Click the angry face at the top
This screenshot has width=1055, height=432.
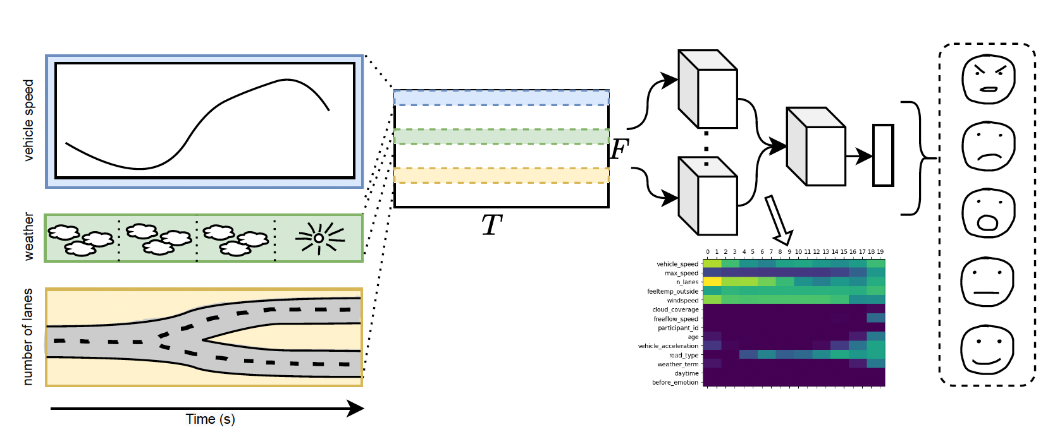988,78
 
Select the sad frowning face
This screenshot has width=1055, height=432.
988,146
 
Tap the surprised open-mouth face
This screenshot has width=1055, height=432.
988,213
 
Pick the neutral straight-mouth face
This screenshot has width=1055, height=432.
987,282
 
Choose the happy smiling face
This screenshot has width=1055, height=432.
987,351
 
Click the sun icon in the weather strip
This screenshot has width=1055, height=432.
319,238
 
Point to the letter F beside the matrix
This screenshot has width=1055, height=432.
620,150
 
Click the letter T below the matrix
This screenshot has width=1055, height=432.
491,225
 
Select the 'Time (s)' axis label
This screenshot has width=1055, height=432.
210,419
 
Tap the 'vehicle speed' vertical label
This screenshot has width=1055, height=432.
28,120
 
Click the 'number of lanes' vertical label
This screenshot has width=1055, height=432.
28,337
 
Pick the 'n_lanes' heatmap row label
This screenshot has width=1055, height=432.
687,282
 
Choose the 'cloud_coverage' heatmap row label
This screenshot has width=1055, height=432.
676,309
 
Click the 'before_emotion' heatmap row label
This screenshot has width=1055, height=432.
675,383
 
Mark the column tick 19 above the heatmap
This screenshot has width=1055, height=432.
880,252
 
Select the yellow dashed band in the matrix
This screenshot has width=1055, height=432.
502,175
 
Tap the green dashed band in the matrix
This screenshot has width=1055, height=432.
502,136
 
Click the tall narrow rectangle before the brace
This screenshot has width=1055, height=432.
883,155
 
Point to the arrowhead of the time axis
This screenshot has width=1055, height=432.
357,409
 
